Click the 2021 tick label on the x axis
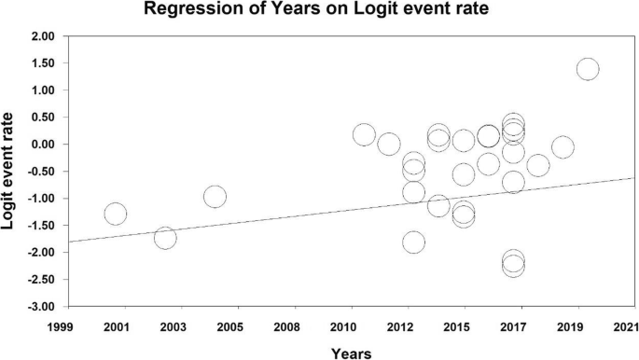626,327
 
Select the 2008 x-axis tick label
286,327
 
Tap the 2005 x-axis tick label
229,327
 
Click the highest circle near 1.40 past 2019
588,69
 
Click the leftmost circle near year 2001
116,214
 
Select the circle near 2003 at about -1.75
165,238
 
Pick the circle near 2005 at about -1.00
215,196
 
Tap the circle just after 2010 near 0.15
364,135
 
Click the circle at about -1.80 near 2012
413,242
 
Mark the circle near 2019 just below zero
563,147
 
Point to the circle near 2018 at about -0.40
538,166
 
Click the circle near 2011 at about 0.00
389,145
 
